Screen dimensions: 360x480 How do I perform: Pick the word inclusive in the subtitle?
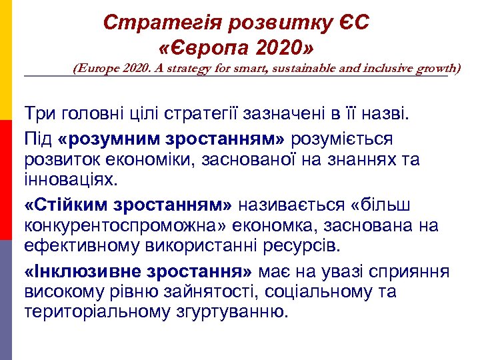pos(387,68)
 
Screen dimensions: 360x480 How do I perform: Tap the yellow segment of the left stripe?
pos(6,60)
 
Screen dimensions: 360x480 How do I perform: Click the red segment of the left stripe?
pos(6,180)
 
